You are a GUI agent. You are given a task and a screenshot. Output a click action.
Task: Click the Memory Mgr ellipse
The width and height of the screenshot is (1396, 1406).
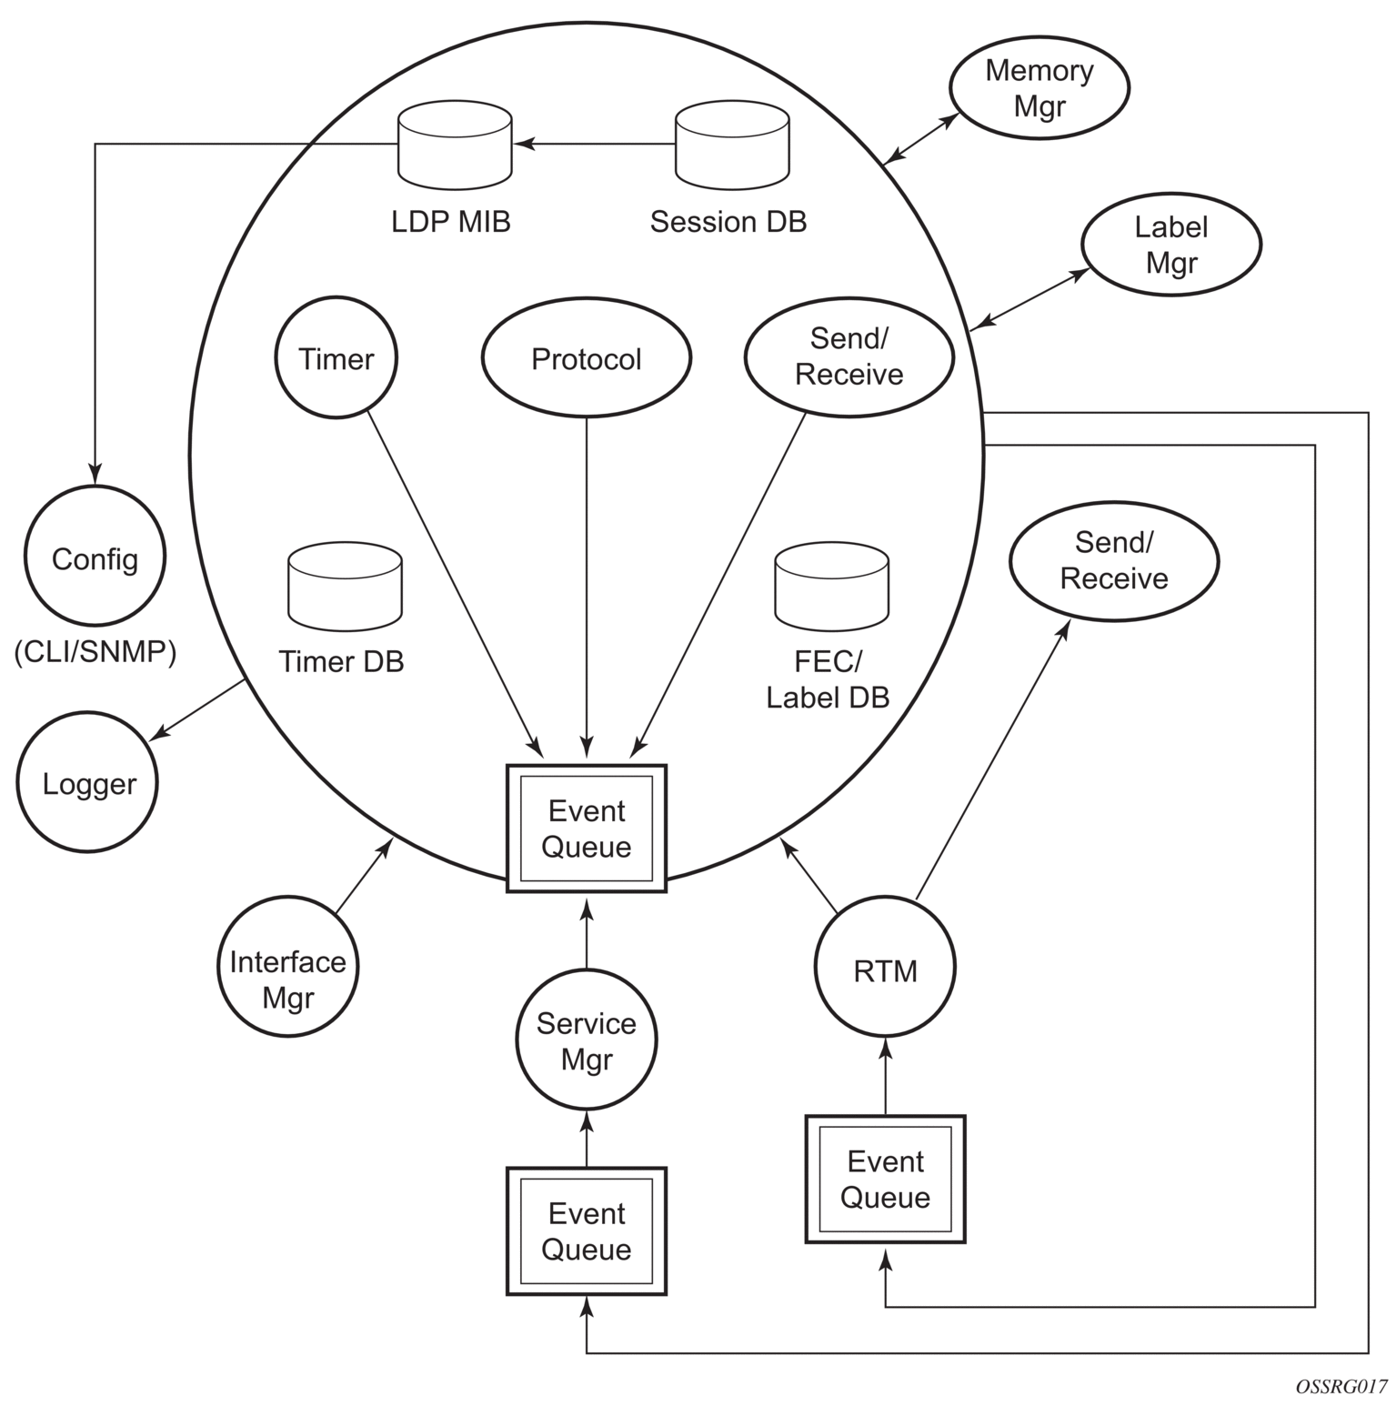(1039, 88)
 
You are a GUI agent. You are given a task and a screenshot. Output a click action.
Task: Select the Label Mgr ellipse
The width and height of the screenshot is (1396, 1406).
(1170, 245)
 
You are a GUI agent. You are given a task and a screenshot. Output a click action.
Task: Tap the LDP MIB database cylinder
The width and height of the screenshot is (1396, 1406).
(455, 146)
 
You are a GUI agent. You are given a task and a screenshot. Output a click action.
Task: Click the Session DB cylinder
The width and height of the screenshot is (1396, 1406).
(732, 146)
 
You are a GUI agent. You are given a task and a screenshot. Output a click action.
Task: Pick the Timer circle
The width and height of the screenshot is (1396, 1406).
(336, 358)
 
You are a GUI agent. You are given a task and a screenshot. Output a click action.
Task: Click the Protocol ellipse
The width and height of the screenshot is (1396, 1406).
(587, 359)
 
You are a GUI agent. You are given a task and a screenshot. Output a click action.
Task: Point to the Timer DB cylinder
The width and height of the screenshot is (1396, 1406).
(345, 587)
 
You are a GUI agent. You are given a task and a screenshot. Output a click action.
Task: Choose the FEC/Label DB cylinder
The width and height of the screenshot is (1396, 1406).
(831, 587)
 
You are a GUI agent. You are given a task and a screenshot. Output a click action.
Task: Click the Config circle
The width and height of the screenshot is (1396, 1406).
(95, 558)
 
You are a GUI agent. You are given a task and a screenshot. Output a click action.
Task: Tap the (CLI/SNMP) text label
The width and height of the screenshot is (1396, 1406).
(95, 652)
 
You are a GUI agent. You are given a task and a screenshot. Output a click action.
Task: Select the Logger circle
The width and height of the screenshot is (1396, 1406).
(88, 784)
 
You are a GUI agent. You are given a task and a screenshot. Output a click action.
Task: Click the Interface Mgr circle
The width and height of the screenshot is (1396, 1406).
(288, 979)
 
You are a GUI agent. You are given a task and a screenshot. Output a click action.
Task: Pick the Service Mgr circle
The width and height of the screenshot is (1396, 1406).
(587, 1041)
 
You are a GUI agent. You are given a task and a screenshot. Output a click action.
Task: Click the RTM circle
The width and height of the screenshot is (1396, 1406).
(885, 971)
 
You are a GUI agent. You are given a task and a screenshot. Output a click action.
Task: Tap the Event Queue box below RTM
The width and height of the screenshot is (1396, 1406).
(885, 1179)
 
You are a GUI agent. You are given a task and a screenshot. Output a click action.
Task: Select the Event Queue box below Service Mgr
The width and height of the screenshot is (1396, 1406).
(587, 1230)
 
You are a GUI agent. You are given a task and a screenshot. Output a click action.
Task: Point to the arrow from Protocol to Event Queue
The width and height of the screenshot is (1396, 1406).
(587, 582)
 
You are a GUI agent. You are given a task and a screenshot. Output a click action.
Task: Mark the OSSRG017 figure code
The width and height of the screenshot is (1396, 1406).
(1341, 1387)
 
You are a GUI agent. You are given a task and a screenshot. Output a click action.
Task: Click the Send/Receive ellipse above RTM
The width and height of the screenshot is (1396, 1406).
(1114, 560)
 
